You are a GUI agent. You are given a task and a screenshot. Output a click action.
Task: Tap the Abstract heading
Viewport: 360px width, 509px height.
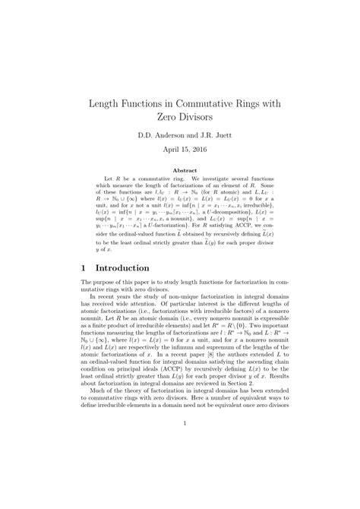click(180, 172)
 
